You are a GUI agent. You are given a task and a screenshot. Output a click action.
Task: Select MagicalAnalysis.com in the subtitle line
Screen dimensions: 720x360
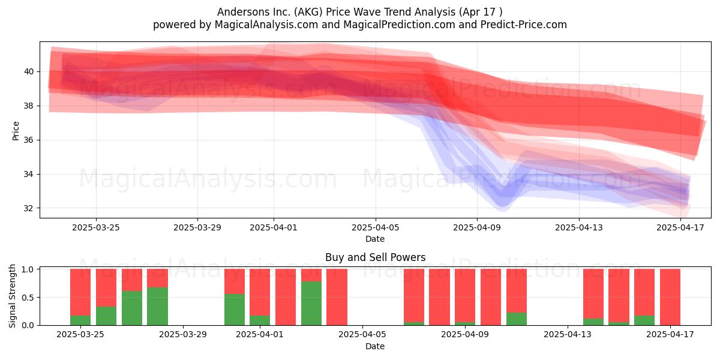point(266,25)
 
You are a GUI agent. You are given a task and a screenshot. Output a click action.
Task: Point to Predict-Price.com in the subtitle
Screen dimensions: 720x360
point(524,25)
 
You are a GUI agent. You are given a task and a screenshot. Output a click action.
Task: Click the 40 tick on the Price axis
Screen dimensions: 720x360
point(29,71)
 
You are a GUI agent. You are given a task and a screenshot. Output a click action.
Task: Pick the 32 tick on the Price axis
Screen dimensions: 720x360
point(29,208)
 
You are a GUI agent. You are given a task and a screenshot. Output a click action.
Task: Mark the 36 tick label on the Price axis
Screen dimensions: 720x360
point(29,140)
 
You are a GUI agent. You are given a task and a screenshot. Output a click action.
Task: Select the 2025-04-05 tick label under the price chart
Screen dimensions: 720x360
point(376,227)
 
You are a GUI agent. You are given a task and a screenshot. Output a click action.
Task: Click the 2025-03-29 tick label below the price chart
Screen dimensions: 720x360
point(197,227)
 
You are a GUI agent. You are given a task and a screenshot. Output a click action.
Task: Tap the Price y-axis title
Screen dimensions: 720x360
point(16,131)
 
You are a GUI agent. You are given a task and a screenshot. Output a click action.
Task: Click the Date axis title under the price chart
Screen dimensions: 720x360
point(375,239)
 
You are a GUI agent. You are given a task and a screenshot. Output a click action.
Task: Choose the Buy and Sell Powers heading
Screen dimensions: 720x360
point(376,257)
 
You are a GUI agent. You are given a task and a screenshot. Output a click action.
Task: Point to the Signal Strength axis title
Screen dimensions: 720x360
point(12,296)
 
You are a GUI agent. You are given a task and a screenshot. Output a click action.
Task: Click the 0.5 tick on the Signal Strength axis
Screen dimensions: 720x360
point(28,298)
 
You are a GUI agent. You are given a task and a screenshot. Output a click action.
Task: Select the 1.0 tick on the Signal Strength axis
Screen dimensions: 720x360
point(28,269)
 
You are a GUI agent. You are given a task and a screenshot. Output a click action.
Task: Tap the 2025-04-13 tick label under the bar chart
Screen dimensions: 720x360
point(568,334)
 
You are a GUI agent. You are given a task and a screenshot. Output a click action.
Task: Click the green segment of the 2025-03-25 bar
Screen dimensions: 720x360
point(80,320)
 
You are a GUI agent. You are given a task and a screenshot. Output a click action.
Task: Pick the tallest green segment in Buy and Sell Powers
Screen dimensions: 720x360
point(311,304)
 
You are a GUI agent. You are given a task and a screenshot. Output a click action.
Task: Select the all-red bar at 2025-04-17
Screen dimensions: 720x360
point(670,297)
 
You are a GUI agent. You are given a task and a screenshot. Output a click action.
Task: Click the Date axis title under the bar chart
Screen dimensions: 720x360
point(375,346)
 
